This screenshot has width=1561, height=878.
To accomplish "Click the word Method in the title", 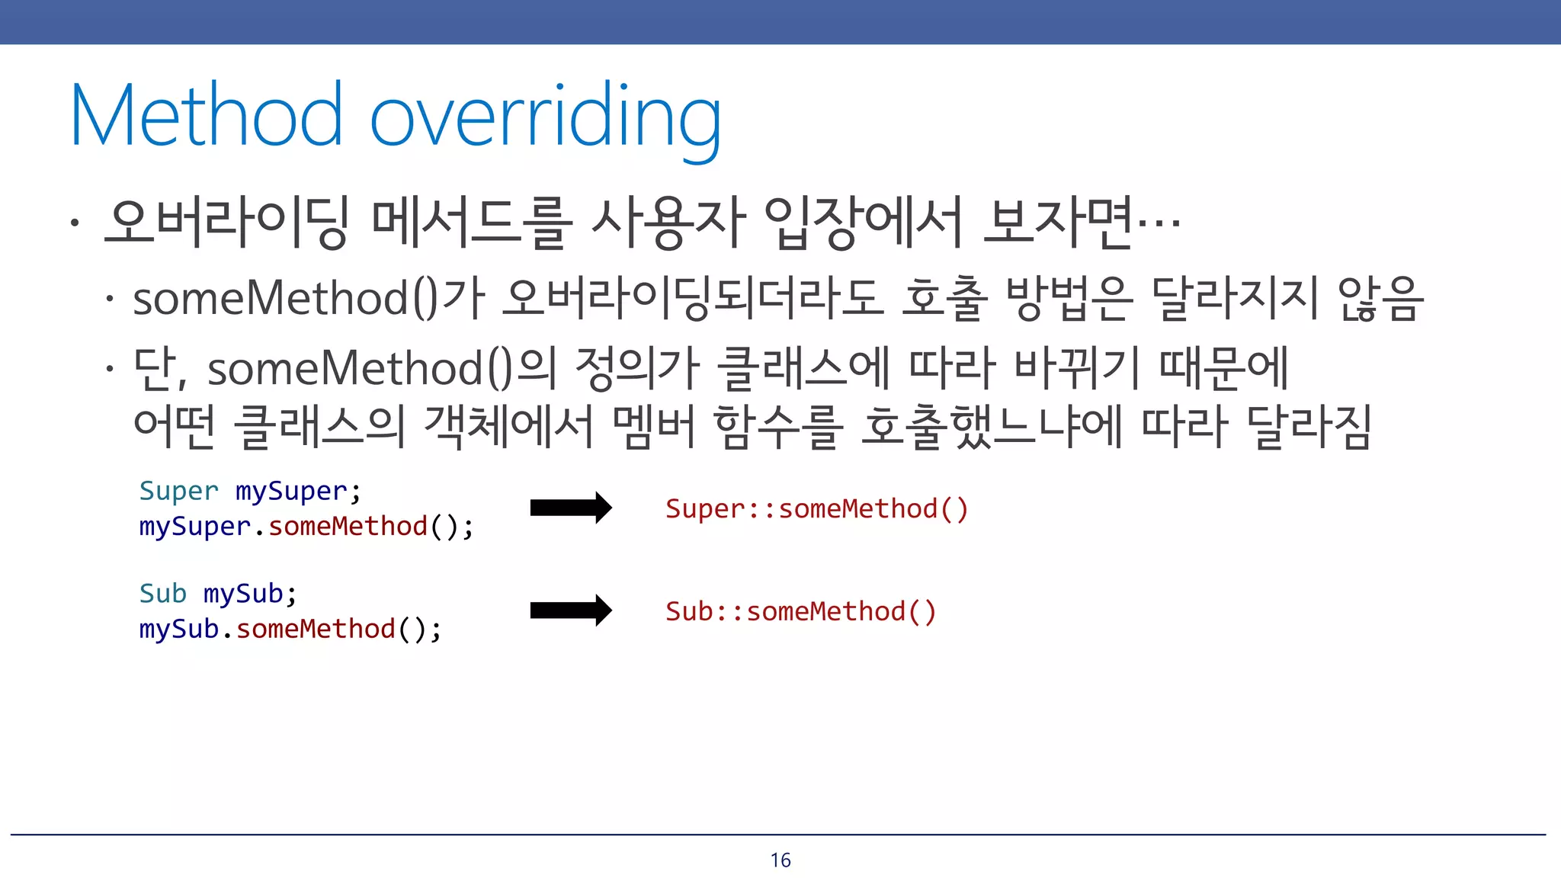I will (206, 116).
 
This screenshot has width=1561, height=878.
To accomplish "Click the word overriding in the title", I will (545, 118).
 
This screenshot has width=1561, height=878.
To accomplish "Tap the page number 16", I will (780, 860).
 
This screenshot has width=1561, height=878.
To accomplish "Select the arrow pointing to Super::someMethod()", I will (570, 508).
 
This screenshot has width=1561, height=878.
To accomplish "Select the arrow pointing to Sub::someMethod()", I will (570, 610).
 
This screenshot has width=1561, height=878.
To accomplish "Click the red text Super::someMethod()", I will (816, 508).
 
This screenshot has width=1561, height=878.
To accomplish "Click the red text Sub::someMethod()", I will (800, 611).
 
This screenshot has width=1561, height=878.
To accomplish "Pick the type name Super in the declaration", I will (178, 491).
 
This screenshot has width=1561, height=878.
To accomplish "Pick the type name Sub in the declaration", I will (162, 593).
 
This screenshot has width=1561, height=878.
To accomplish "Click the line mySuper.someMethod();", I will (306, 527).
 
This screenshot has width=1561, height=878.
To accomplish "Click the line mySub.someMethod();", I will (290, 630).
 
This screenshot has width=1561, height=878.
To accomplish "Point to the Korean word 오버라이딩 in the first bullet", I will (226, 223).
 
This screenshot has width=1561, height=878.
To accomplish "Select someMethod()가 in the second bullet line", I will (309, 297).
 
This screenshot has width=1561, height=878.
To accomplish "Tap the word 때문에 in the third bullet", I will (1223, 368).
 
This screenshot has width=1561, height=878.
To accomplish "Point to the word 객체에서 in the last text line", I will (508, 426).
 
